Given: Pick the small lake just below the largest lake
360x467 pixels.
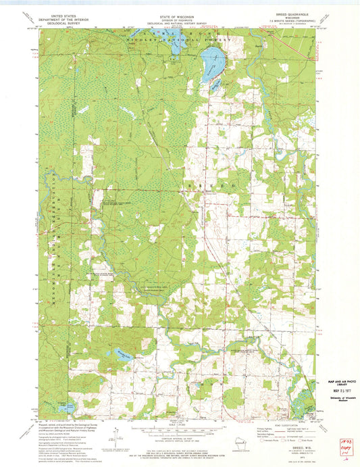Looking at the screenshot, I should point(214,84).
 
